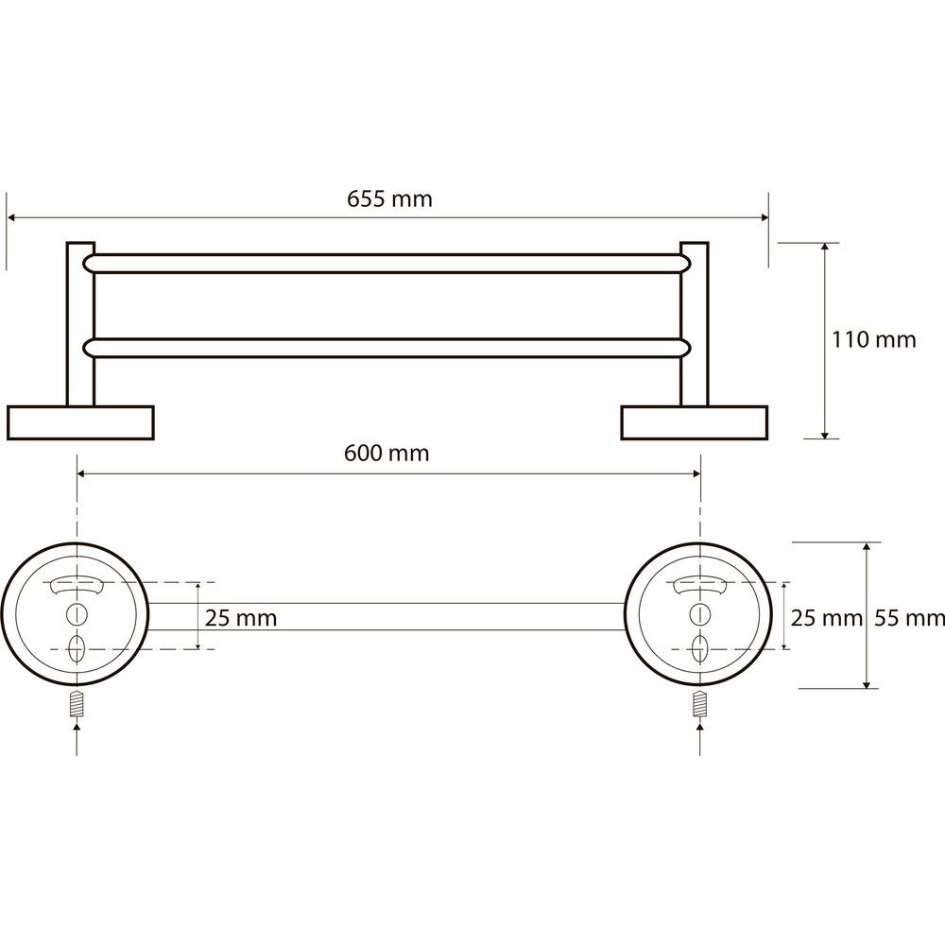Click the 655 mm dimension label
(x=389, y=198)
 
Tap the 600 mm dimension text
(x=387, y=454)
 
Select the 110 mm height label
(x=874, y=340)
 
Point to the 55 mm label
(x=909, y=618)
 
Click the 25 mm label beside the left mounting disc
(x=241, y=618)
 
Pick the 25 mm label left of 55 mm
(x=826, y=618)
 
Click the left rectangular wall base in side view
(x=80, y=422)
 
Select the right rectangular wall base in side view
(x=695, y=422)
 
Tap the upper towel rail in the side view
(x=387, y=264)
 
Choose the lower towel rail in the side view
(x=387, y=349)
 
